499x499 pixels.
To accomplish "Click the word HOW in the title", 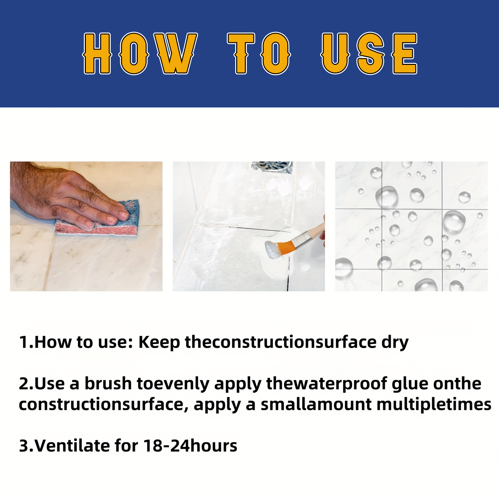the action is [x=140, y=53].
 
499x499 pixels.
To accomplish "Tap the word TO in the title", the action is [x=259, y=53].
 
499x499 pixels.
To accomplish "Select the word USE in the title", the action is [x=369, y=53].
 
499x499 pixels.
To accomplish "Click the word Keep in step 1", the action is [x=159, y=343].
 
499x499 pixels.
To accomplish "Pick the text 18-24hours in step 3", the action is [x=190, y=446].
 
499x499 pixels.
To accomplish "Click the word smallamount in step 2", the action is [x=316, y=405].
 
